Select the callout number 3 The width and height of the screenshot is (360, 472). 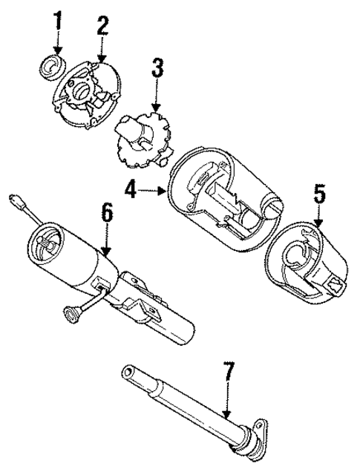157,72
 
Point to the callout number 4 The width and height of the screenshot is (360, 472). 131,191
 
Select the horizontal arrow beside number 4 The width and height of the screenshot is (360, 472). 154,191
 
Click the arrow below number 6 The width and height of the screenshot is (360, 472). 106,241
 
